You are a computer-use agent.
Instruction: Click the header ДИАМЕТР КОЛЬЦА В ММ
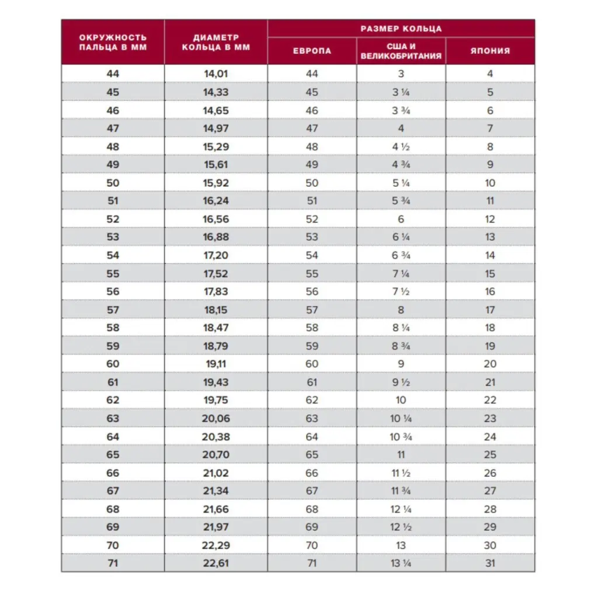[215, 42]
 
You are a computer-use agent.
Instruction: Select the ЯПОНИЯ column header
[490, 51]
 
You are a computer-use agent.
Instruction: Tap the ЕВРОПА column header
[312, 51]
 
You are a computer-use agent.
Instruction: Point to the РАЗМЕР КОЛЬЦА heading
[401, 29]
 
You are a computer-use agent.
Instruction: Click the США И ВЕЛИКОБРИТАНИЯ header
[401, 51]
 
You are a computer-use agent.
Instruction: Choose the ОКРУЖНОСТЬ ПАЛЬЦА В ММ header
[113, 42]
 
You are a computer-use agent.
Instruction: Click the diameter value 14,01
[215, 74]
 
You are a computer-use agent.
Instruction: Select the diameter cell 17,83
[215, 291]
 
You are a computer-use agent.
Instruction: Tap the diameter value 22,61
[215, 564]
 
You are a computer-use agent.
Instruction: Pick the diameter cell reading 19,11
[215, 364]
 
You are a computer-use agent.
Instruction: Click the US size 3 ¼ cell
[401, 92]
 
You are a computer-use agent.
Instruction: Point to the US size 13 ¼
[401, 564]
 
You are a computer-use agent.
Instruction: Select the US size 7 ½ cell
[401, 291]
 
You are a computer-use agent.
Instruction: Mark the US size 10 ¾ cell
[401, 437]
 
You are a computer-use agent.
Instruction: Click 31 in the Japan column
[490, 564]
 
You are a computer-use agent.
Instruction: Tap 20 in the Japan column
[490, 364]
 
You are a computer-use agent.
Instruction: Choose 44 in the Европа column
[312, 74]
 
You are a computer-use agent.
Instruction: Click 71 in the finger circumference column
[113, 564]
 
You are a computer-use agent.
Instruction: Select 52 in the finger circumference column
[113, 219]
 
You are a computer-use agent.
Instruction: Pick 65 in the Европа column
[312, 455]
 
